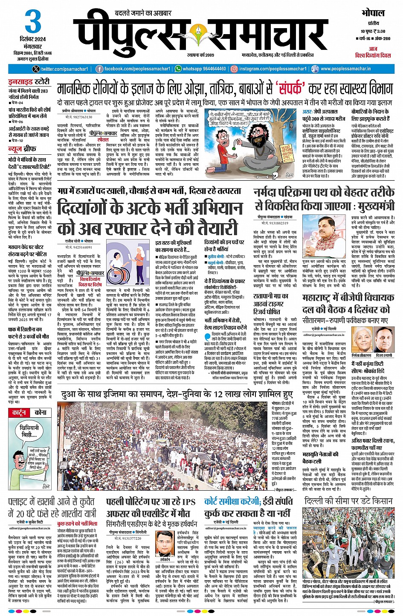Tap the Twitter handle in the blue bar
point(64,69)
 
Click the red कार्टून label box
point(19,413)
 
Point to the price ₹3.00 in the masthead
point(378,31)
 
